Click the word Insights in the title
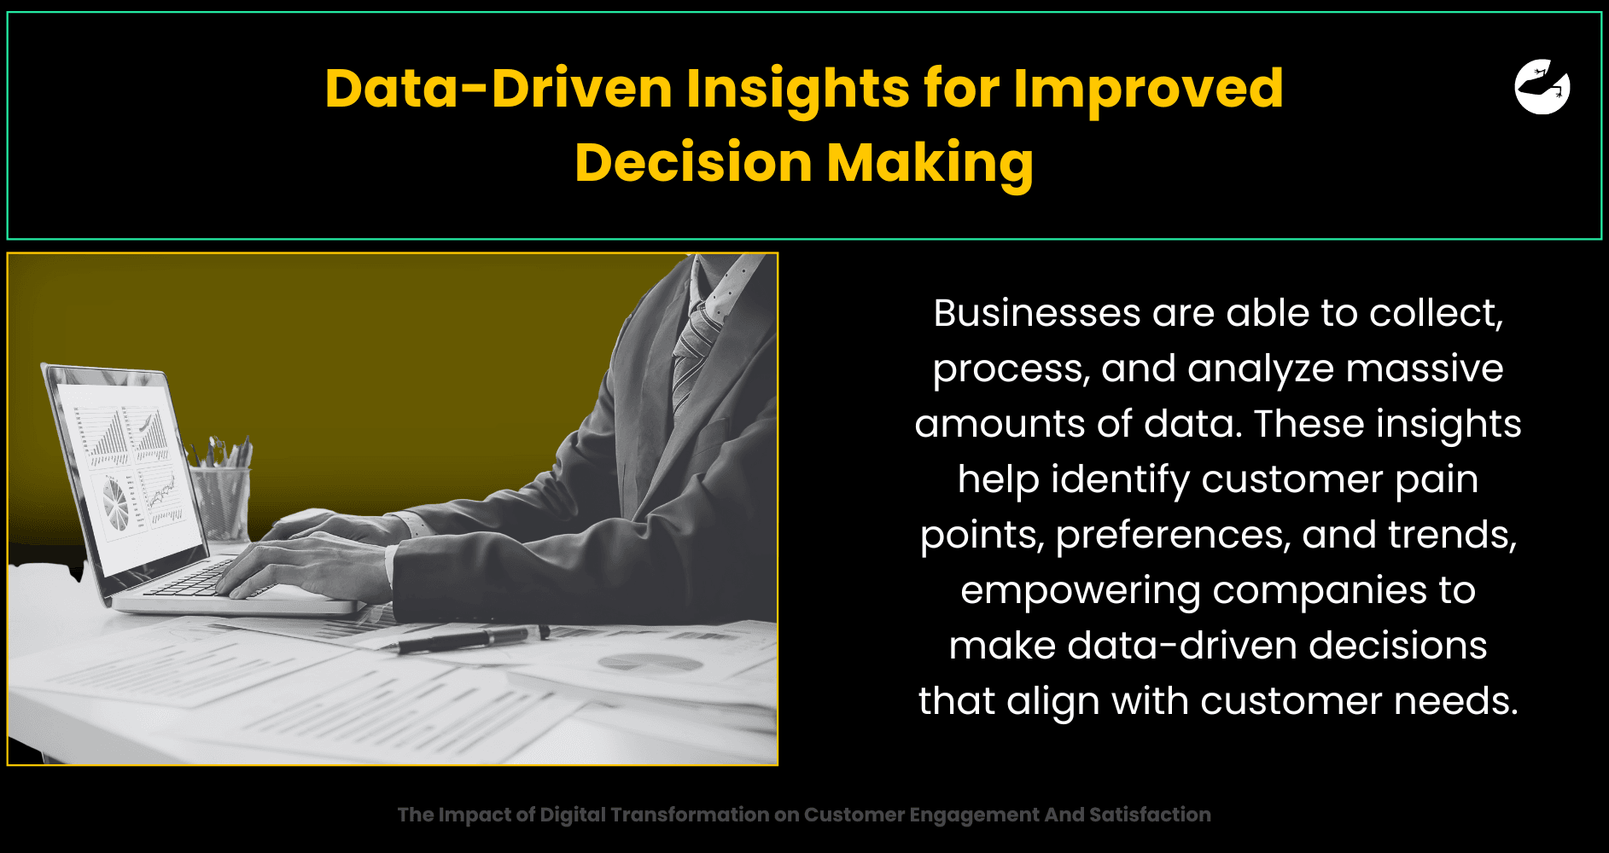pos(798,89)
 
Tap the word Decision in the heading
pos(693,162)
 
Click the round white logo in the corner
pos(1542,86)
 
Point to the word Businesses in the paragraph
pos(1037,313)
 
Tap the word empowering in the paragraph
pos(1080,591)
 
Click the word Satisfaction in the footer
pos(1150,815)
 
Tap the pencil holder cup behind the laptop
pos(222,503)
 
